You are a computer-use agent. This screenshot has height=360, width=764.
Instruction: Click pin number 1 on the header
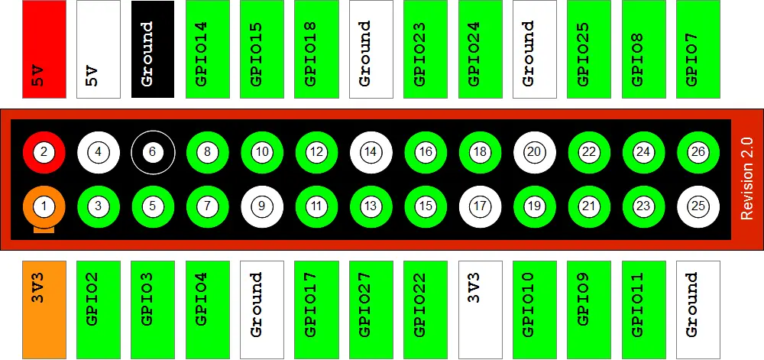[44, 206]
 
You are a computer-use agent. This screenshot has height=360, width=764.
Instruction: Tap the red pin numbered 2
[44, 151]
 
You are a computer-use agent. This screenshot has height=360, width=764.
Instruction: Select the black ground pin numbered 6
[153, 151]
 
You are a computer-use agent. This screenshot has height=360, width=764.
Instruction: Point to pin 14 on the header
[371, 151]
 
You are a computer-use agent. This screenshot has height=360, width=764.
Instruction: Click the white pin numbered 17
[481, 206]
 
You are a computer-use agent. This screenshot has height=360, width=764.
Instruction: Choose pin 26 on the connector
[698, 151]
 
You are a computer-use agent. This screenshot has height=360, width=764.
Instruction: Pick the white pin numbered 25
[698, 206]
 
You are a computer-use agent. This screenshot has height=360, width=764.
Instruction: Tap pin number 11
[317, 206]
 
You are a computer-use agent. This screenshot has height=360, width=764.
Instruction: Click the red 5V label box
[44, 49]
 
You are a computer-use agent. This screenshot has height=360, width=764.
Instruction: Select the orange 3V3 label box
[44, 310]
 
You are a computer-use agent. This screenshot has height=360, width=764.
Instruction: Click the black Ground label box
[153, 49]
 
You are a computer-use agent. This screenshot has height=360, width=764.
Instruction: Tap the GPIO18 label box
[317, 49]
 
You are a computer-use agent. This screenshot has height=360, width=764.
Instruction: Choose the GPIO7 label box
[698, 49]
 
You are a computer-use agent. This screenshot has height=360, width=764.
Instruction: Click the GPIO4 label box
[208, 310]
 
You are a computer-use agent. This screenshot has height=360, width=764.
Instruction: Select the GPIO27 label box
[371, 310]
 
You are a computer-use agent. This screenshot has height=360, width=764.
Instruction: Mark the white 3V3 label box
[481, 310]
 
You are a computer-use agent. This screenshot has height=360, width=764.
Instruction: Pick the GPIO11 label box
[643, 310]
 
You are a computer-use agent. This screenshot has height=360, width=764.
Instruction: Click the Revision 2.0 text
[747, 179]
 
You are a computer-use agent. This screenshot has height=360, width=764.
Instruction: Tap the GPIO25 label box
[589, 49]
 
